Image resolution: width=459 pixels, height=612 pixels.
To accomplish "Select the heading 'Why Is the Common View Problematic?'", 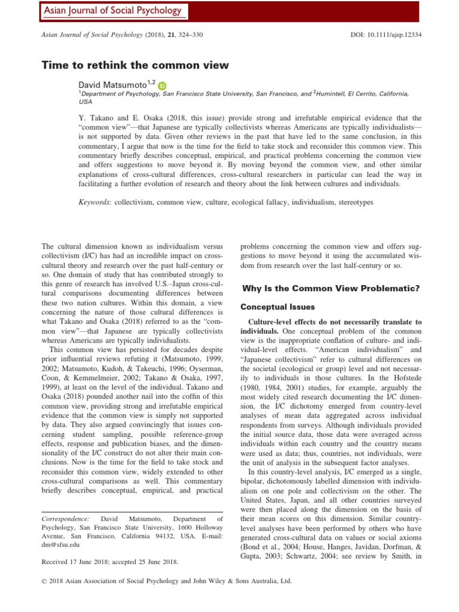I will (330, 289).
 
